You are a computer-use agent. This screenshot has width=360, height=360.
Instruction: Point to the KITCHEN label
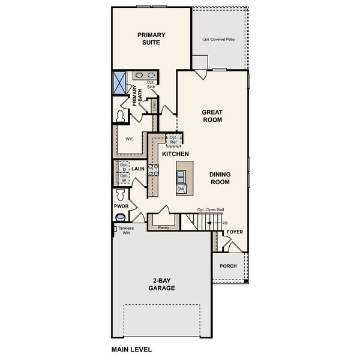tap(176, 154)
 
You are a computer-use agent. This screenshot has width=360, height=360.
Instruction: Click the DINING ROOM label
tap(220, 178)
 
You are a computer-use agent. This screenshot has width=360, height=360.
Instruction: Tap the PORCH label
tap(228, 266)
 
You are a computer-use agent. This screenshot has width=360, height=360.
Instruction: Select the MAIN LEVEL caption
tap(131, 349)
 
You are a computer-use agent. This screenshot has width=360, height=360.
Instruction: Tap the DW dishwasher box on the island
tap(181, 189)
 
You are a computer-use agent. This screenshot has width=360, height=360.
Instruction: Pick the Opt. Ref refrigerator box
tap(174, 140)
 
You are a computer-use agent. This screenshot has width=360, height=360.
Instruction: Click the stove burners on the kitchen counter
tap(153, 170)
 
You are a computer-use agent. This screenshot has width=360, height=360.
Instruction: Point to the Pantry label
tap(163, 227)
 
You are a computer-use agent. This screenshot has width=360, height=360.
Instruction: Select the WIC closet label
tap(129, 139)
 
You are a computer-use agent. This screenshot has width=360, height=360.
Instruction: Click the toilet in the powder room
tap(120, 194)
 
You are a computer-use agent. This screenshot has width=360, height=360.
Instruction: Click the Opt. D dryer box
tap(124, 167)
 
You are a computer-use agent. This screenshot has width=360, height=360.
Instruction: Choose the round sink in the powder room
tap(121, 217)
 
